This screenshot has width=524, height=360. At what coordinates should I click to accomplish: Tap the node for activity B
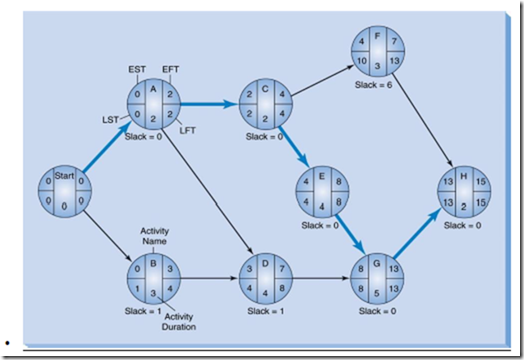[x=152, y=278]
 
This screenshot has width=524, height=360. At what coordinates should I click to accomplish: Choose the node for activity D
[x=265, y=278]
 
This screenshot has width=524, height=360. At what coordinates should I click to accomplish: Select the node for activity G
[x=377, y=278]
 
